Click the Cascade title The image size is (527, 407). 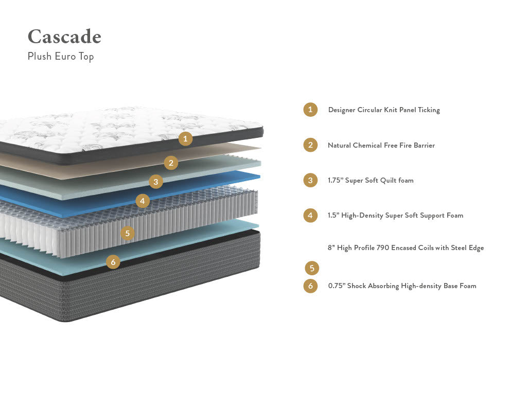64,37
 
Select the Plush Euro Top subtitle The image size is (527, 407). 61,56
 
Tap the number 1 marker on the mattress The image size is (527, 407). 186,138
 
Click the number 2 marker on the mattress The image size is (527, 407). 171,163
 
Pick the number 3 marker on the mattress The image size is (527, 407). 156,181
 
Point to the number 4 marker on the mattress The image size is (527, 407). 143,201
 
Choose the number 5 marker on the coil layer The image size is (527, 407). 128,233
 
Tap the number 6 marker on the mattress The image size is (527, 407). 113,262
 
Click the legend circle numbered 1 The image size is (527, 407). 310,110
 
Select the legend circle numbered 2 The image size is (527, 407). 310,145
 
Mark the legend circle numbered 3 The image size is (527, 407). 310,180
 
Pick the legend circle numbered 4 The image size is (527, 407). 310,215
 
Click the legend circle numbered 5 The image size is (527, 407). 312,268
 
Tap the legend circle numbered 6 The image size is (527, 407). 310,286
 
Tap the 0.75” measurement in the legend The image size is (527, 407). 337,286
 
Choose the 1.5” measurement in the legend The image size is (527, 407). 333,216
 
